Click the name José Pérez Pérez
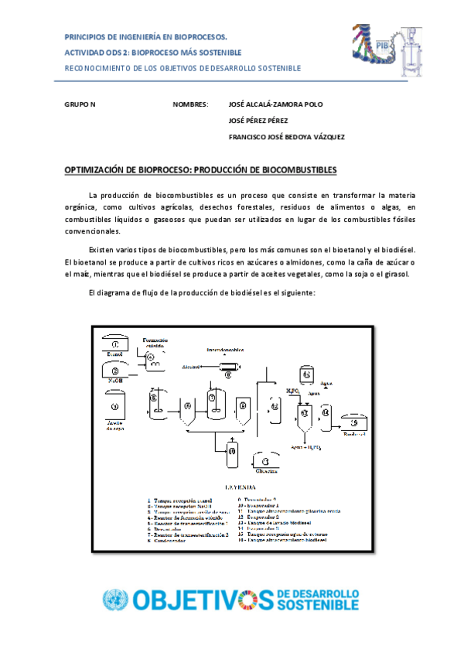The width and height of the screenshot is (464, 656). (259, 121)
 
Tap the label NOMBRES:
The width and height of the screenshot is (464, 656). (190, 104)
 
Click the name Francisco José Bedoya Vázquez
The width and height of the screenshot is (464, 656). (287, 137)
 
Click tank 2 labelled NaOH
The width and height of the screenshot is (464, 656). (114, 371)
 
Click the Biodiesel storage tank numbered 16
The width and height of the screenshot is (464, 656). (354, 422)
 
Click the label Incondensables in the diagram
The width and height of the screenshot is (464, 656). (225, 350)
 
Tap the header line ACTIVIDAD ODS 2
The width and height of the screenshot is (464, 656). (152, 52)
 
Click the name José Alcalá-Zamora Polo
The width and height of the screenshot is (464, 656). (276, 104)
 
